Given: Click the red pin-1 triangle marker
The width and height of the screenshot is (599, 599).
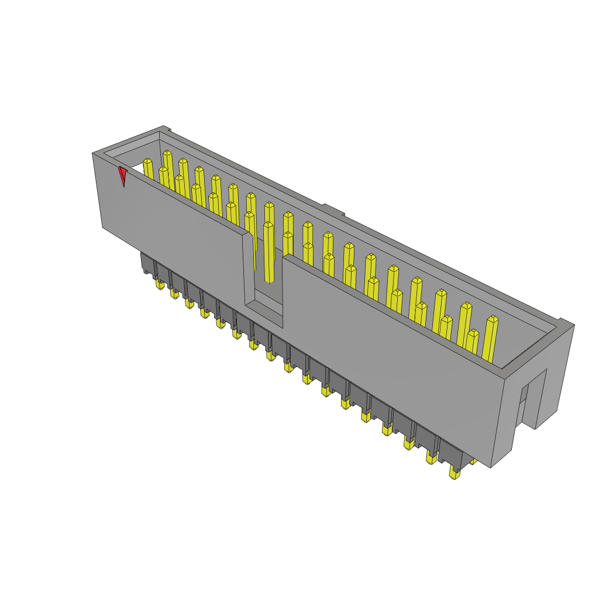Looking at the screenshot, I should (122, 175).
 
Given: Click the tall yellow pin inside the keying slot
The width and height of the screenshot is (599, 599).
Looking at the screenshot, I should (268, 252).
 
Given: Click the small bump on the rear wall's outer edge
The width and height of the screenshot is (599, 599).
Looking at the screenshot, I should (332, 208).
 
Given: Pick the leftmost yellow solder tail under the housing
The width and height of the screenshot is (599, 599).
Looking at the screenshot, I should (160, 285).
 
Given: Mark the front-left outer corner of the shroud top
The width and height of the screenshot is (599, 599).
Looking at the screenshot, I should (93, 154).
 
